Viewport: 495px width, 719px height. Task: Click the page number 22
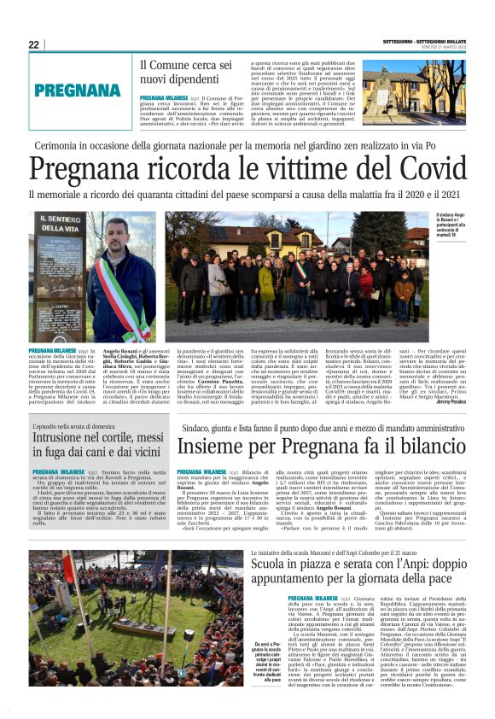(33, 44)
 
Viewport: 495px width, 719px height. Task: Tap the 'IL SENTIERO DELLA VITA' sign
(56, 229)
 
